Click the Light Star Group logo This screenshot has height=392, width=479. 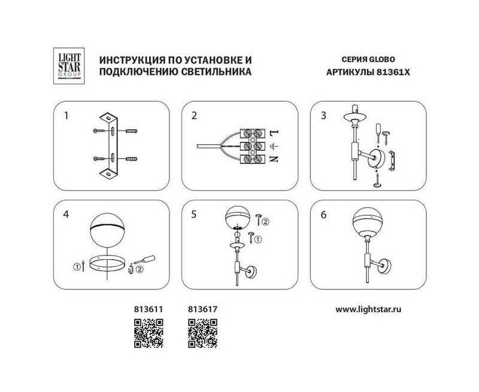[69, 66]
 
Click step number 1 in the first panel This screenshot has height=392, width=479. [66, 116]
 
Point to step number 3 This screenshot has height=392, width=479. [323, 116]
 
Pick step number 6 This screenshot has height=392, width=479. [323, 215]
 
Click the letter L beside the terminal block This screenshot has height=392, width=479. [274, 133]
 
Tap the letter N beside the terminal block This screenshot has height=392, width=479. [274, 159]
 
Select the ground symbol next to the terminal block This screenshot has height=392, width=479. [274, 147]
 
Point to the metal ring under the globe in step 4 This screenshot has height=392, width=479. [107, 263]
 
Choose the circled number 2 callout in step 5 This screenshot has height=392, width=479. [265, 221]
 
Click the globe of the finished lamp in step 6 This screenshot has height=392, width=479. [367, 222]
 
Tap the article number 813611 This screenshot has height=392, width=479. [148, 309]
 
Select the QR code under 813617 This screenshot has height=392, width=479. [202, 333]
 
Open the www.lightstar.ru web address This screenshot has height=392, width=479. [368, 309]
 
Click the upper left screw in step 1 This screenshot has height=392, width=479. [99, 131]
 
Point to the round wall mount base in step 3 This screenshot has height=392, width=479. [376, 158]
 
